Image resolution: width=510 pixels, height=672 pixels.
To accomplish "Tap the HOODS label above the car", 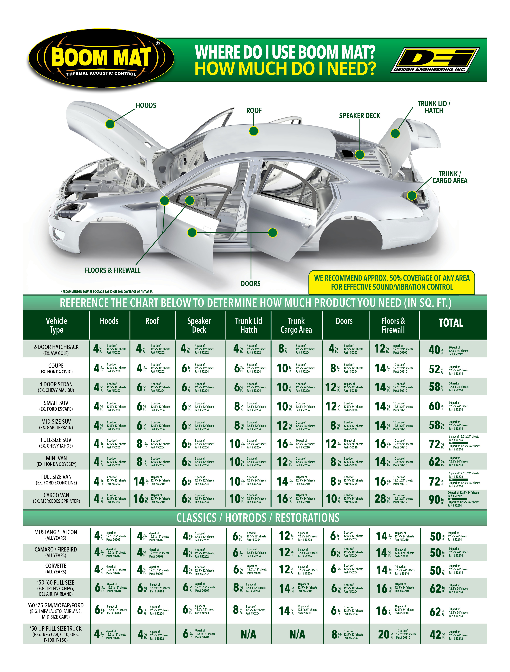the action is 146,105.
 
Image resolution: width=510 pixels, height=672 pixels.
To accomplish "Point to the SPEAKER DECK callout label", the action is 360,116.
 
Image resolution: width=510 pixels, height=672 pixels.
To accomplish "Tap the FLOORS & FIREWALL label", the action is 113,270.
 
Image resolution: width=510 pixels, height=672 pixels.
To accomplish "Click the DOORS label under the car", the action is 251,283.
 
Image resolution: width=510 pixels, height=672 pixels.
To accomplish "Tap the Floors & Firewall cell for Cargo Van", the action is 394,499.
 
